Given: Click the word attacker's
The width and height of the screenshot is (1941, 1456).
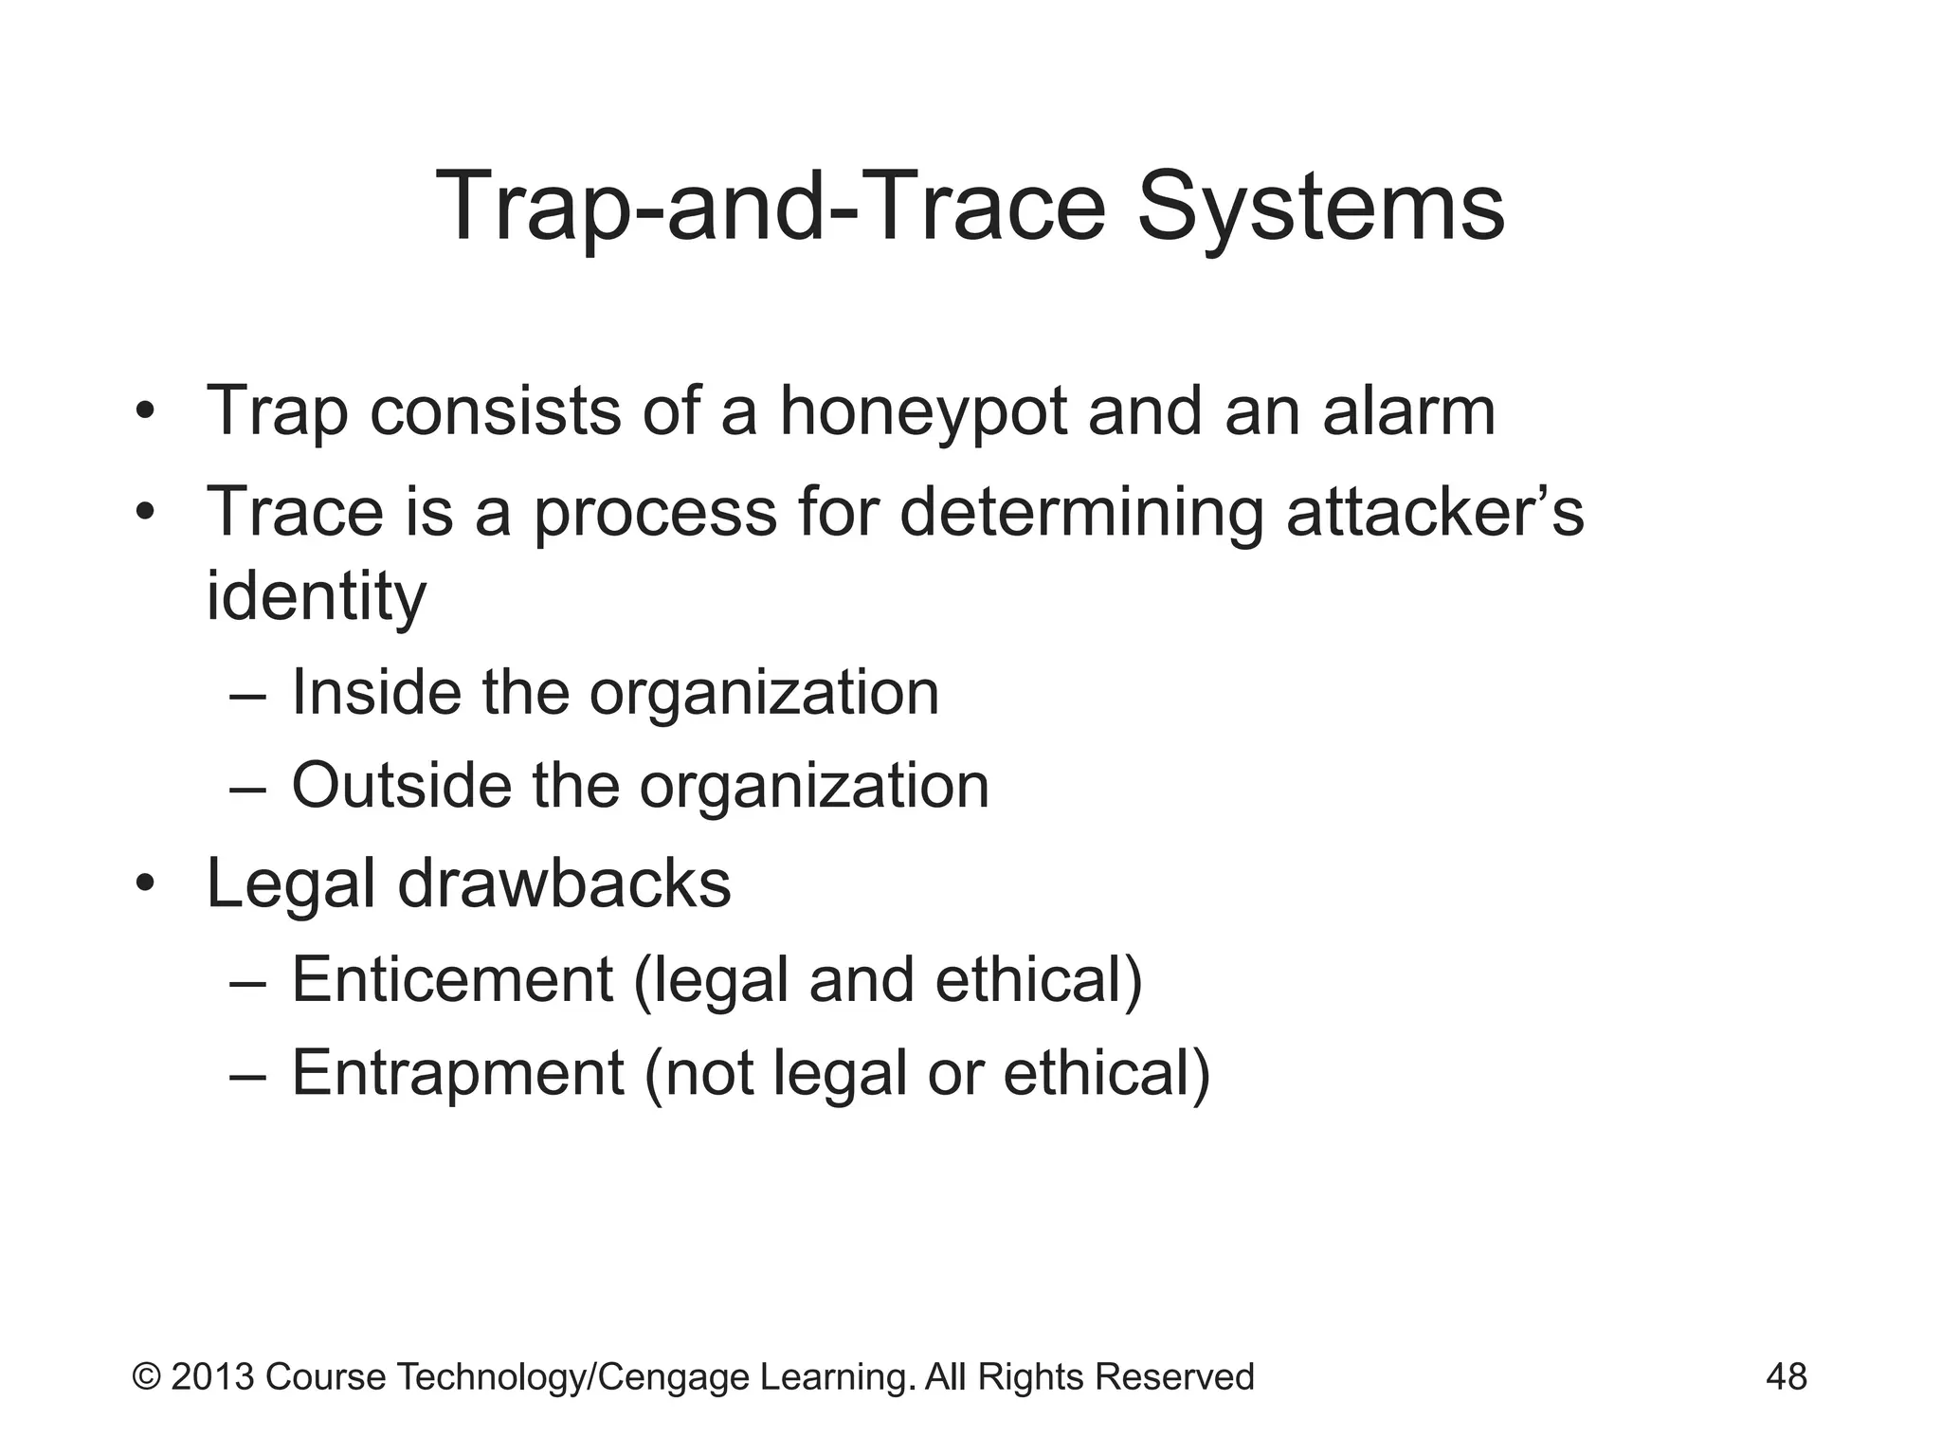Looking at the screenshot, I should point(1434,512).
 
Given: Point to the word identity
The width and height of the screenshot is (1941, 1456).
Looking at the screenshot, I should point(316,597).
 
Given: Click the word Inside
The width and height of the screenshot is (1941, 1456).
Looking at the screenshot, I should point(375,692).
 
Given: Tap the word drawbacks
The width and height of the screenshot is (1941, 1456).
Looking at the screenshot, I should point(564,883).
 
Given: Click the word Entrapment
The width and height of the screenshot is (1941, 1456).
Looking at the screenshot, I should point(458,1073).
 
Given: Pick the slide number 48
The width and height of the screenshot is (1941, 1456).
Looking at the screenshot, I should point(1786,1376).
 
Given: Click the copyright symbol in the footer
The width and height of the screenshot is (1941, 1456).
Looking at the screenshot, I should point(146,1376).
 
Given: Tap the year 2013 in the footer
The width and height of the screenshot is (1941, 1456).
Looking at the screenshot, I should point(212,1376).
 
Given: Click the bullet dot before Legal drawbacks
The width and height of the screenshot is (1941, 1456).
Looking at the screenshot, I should point(144,885).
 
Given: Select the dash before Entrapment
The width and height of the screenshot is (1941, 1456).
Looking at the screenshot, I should point(248,1075).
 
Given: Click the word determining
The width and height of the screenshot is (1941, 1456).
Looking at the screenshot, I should point(1080,512).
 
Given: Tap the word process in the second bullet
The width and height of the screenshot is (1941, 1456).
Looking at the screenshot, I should point(655,512).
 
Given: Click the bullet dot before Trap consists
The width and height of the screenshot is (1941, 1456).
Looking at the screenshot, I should point(144,414).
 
